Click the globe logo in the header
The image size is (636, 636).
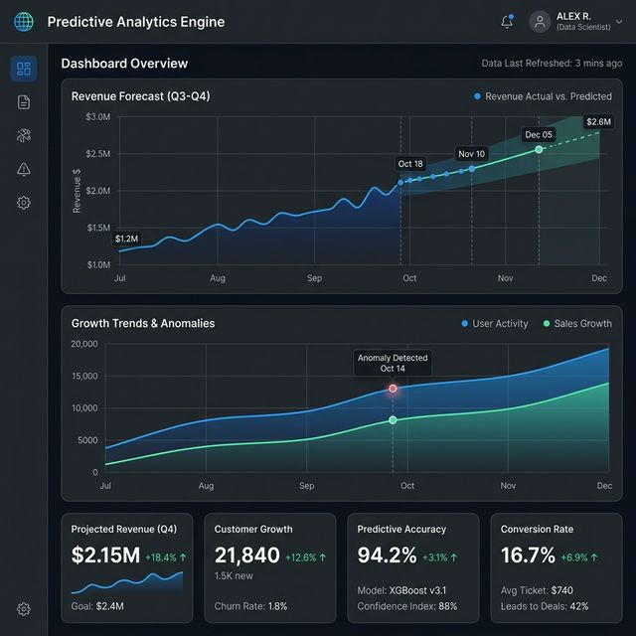coord(24,22)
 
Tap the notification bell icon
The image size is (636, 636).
coord(507,22)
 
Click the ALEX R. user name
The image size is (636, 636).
coord(573,16)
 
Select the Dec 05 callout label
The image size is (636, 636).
coord(539,134)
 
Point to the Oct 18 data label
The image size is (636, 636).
coord(410,164)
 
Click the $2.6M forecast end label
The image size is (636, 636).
coord(598,122)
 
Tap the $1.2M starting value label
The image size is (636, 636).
coord(126,238)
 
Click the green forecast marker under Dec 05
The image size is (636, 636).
coord(539,149)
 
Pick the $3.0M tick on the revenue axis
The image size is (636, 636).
coord(98,117)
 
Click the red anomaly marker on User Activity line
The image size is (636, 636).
coord(393,389)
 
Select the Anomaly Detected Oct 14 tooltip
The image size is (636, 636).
coord(393,363)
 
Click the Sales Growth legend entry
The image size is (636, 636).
coord(576,324)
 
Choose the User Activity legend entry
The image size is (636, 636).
coord(495,324)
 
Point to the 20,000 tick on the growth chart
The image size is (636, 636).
coord(84,344)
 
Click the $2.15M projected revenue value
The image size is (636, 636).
coord(105,556)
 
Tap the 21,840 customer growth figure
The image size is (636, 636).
coord(247,556)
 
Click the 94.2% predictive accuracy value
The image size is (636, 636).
coord(387,556)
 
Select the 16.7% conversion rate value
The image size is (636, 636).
coord(528,556)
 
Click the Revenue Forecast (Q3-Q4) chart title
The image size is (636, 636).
coord(140,96)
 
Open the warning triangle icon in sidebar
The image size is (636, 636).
coord(24,169)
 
